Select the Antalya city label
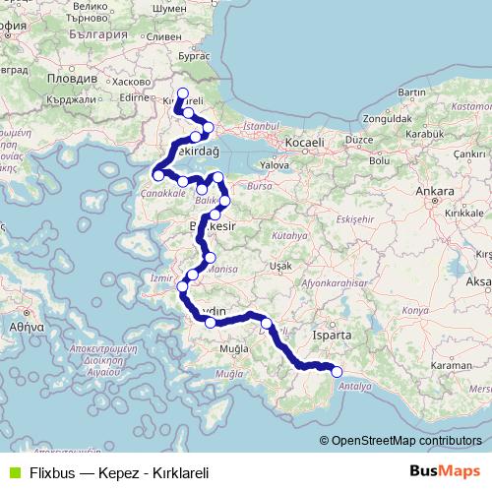(355, 387)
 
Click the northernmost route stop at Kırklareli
(182, 93)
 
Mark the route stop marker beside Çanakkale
(157, 175)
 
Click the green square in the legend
(13, 471)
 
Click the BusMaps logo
(446, 470)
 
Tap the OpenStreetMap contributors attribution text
(408, 440)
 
